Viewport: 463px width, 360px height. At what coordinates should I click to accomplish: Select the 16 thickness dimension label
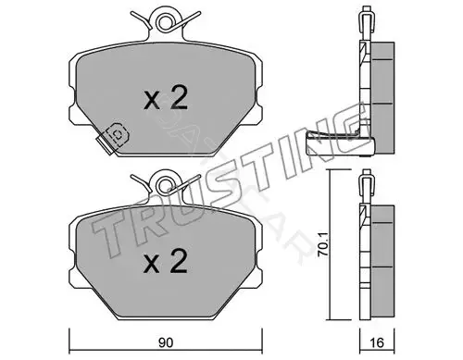(377, 342)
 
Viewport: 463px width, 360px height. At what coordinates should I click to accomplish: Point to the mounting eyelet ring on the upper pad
(165, 21)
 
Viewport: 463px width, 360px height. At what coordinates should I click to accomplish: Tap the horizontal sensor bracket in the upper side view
(340, 144)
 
